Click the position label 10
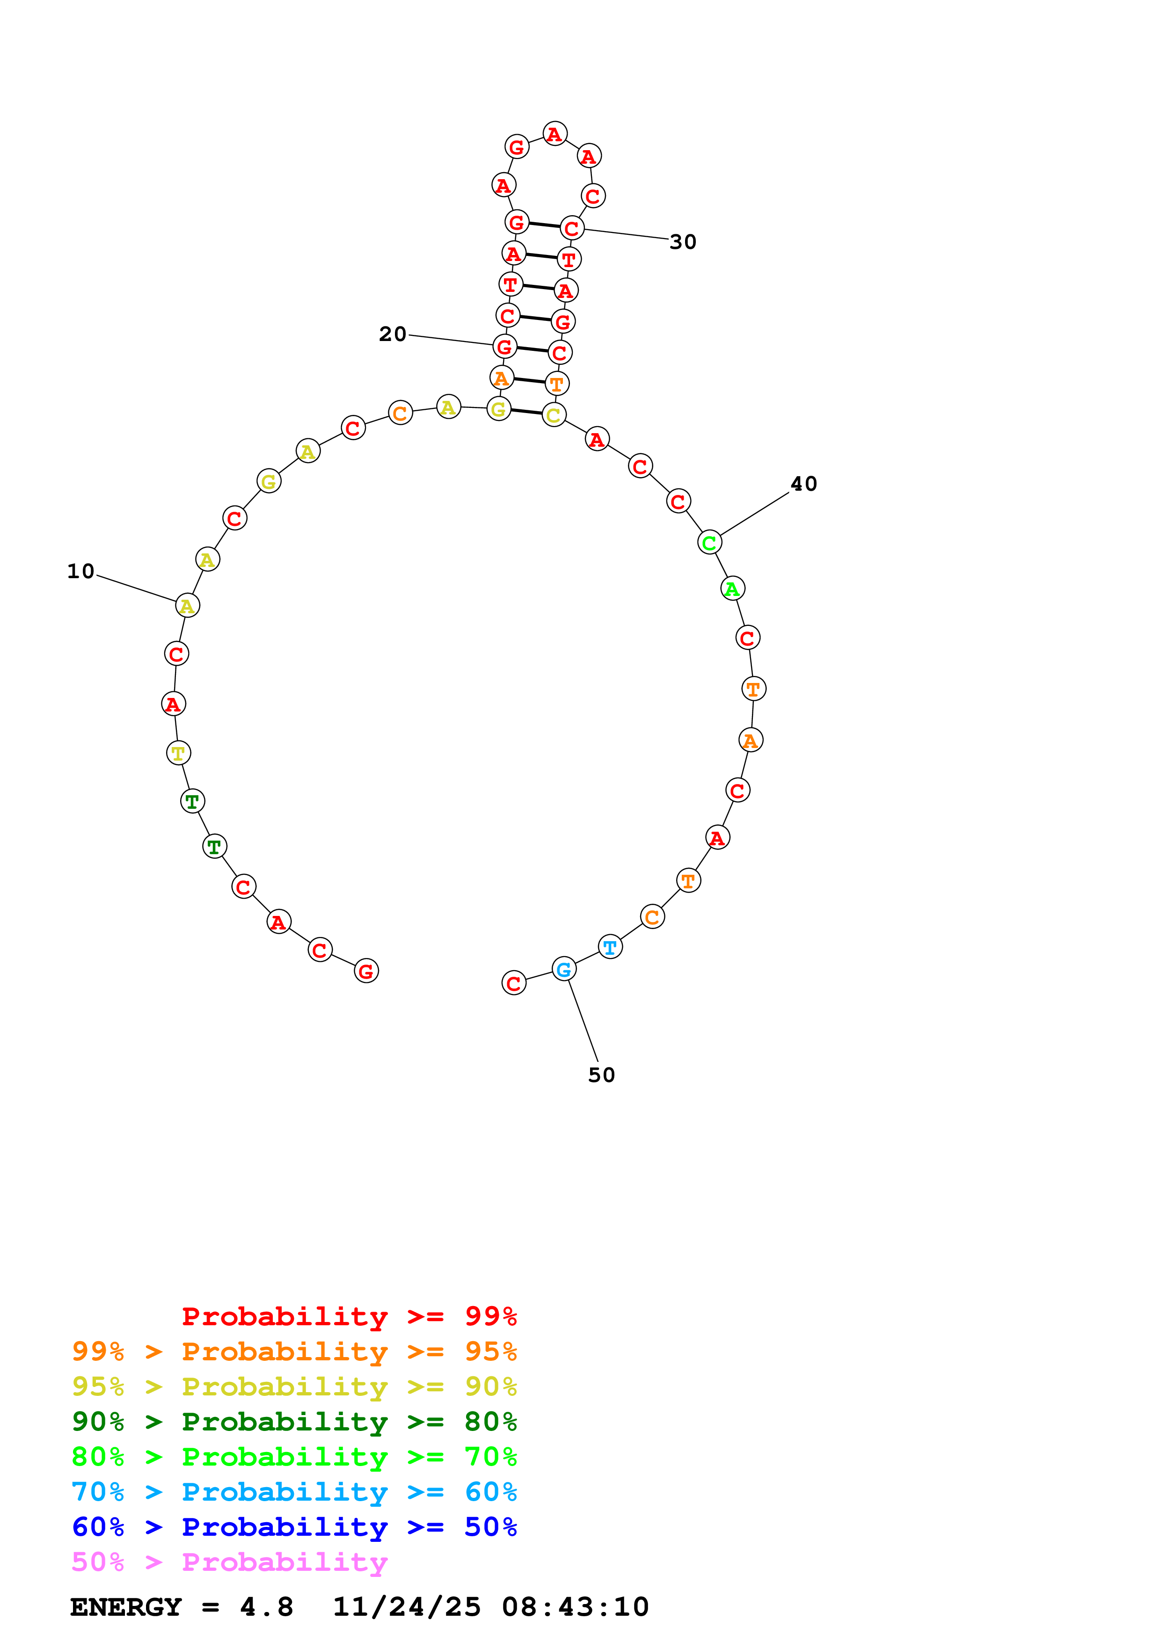tap(81, 572)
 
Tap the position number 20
tap(393, 334)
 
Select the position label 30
tap(683, 242)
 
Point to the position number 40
tap(803, 484)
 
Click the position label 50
tap(601, 1075)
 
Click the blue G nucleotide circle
tap(564, 969)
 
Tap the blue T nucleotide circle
tap(610, 947)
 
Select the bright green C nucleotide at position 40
tap(709, 543)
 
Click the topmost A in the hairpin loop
tap(554, 134)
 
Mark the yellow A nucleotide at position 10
tap(187, 605)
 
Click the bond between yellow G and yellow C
tap(526, 412)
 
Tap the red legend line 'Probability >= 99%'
tap(349, 1316)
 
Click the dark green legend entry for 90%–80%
tap(294, 1422)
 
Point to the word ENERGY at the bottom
tap(126, 1607)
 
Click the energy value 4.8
tap(267, 1607)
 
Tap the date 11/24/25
tap(407, 1607)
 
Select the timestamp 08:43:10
tap(576, 1607)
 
